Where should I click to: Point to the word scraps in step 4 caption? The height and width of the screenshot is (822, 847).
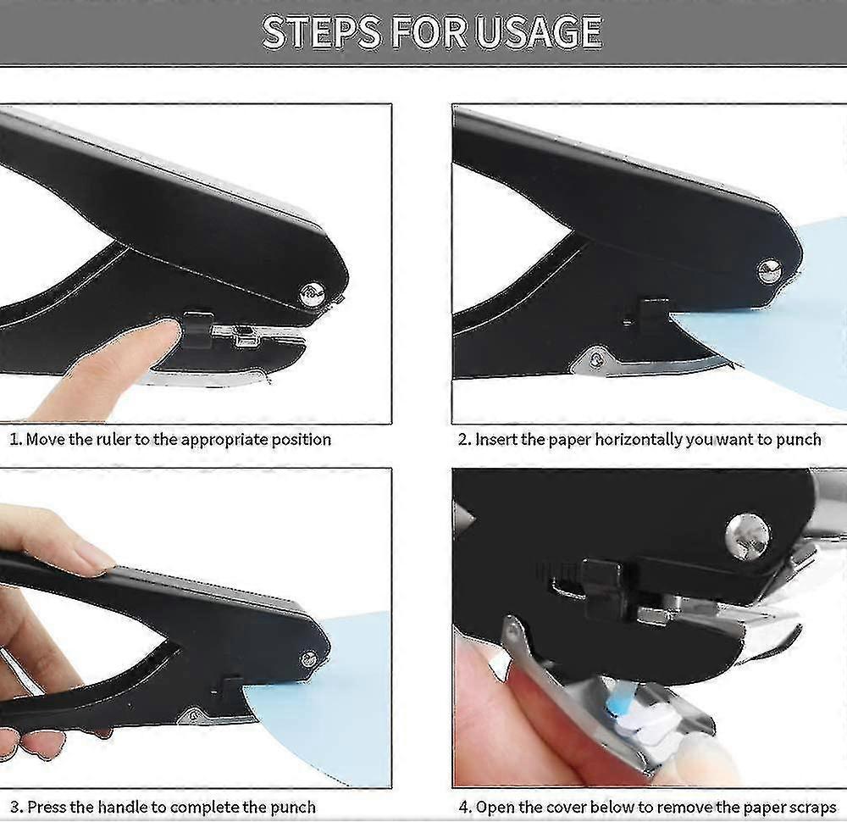(x=810, y=807)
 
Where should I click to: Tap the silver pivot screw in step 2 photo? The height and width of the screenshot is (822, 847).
(x=769, y=270)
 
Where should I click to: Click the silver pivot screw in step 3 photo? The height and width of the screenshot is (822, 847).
(x=309, y=658)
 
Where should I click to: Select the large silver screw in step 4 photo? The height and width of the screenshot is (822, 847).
(x=748, y=536)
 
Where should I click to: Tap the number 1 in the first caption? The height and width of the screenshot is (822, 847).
(x=14, y=439)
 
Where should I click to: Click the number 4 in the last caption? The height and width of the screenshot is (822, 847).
(x=464, y=807)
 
